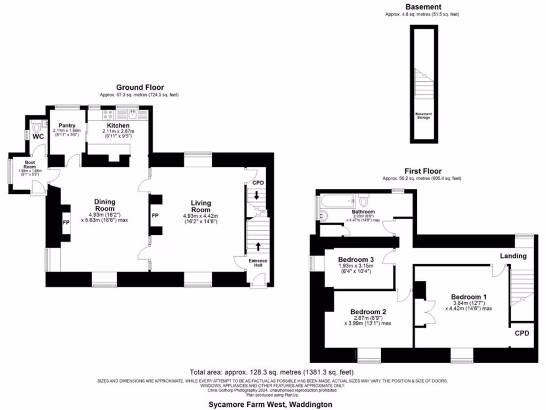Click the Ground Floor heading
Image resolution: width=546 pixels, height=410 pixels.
click(140, 88)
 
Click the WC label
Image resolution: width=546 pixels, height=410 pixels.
click(38, 137)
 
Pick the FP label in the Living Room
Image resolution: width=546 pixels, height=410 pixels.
click(155, 216)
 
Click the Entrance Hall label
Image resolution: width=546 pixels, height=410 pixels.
click(259, 263)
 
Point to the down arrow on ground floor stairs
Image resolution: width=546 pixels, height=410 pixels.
click(256, 195)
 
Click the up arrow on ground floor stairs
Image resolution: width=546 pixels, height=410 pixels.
click(259, 247)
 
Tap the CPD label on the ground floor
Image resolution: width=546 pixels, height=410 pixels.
click(258, 183)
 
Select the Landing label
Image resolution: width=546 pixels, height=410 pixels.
click(513, 256)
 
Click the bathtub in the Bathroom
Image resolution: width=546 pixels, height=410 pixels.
click(336, 202)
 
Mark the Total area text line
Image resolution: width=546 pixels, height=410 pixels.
click(271, 372)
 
